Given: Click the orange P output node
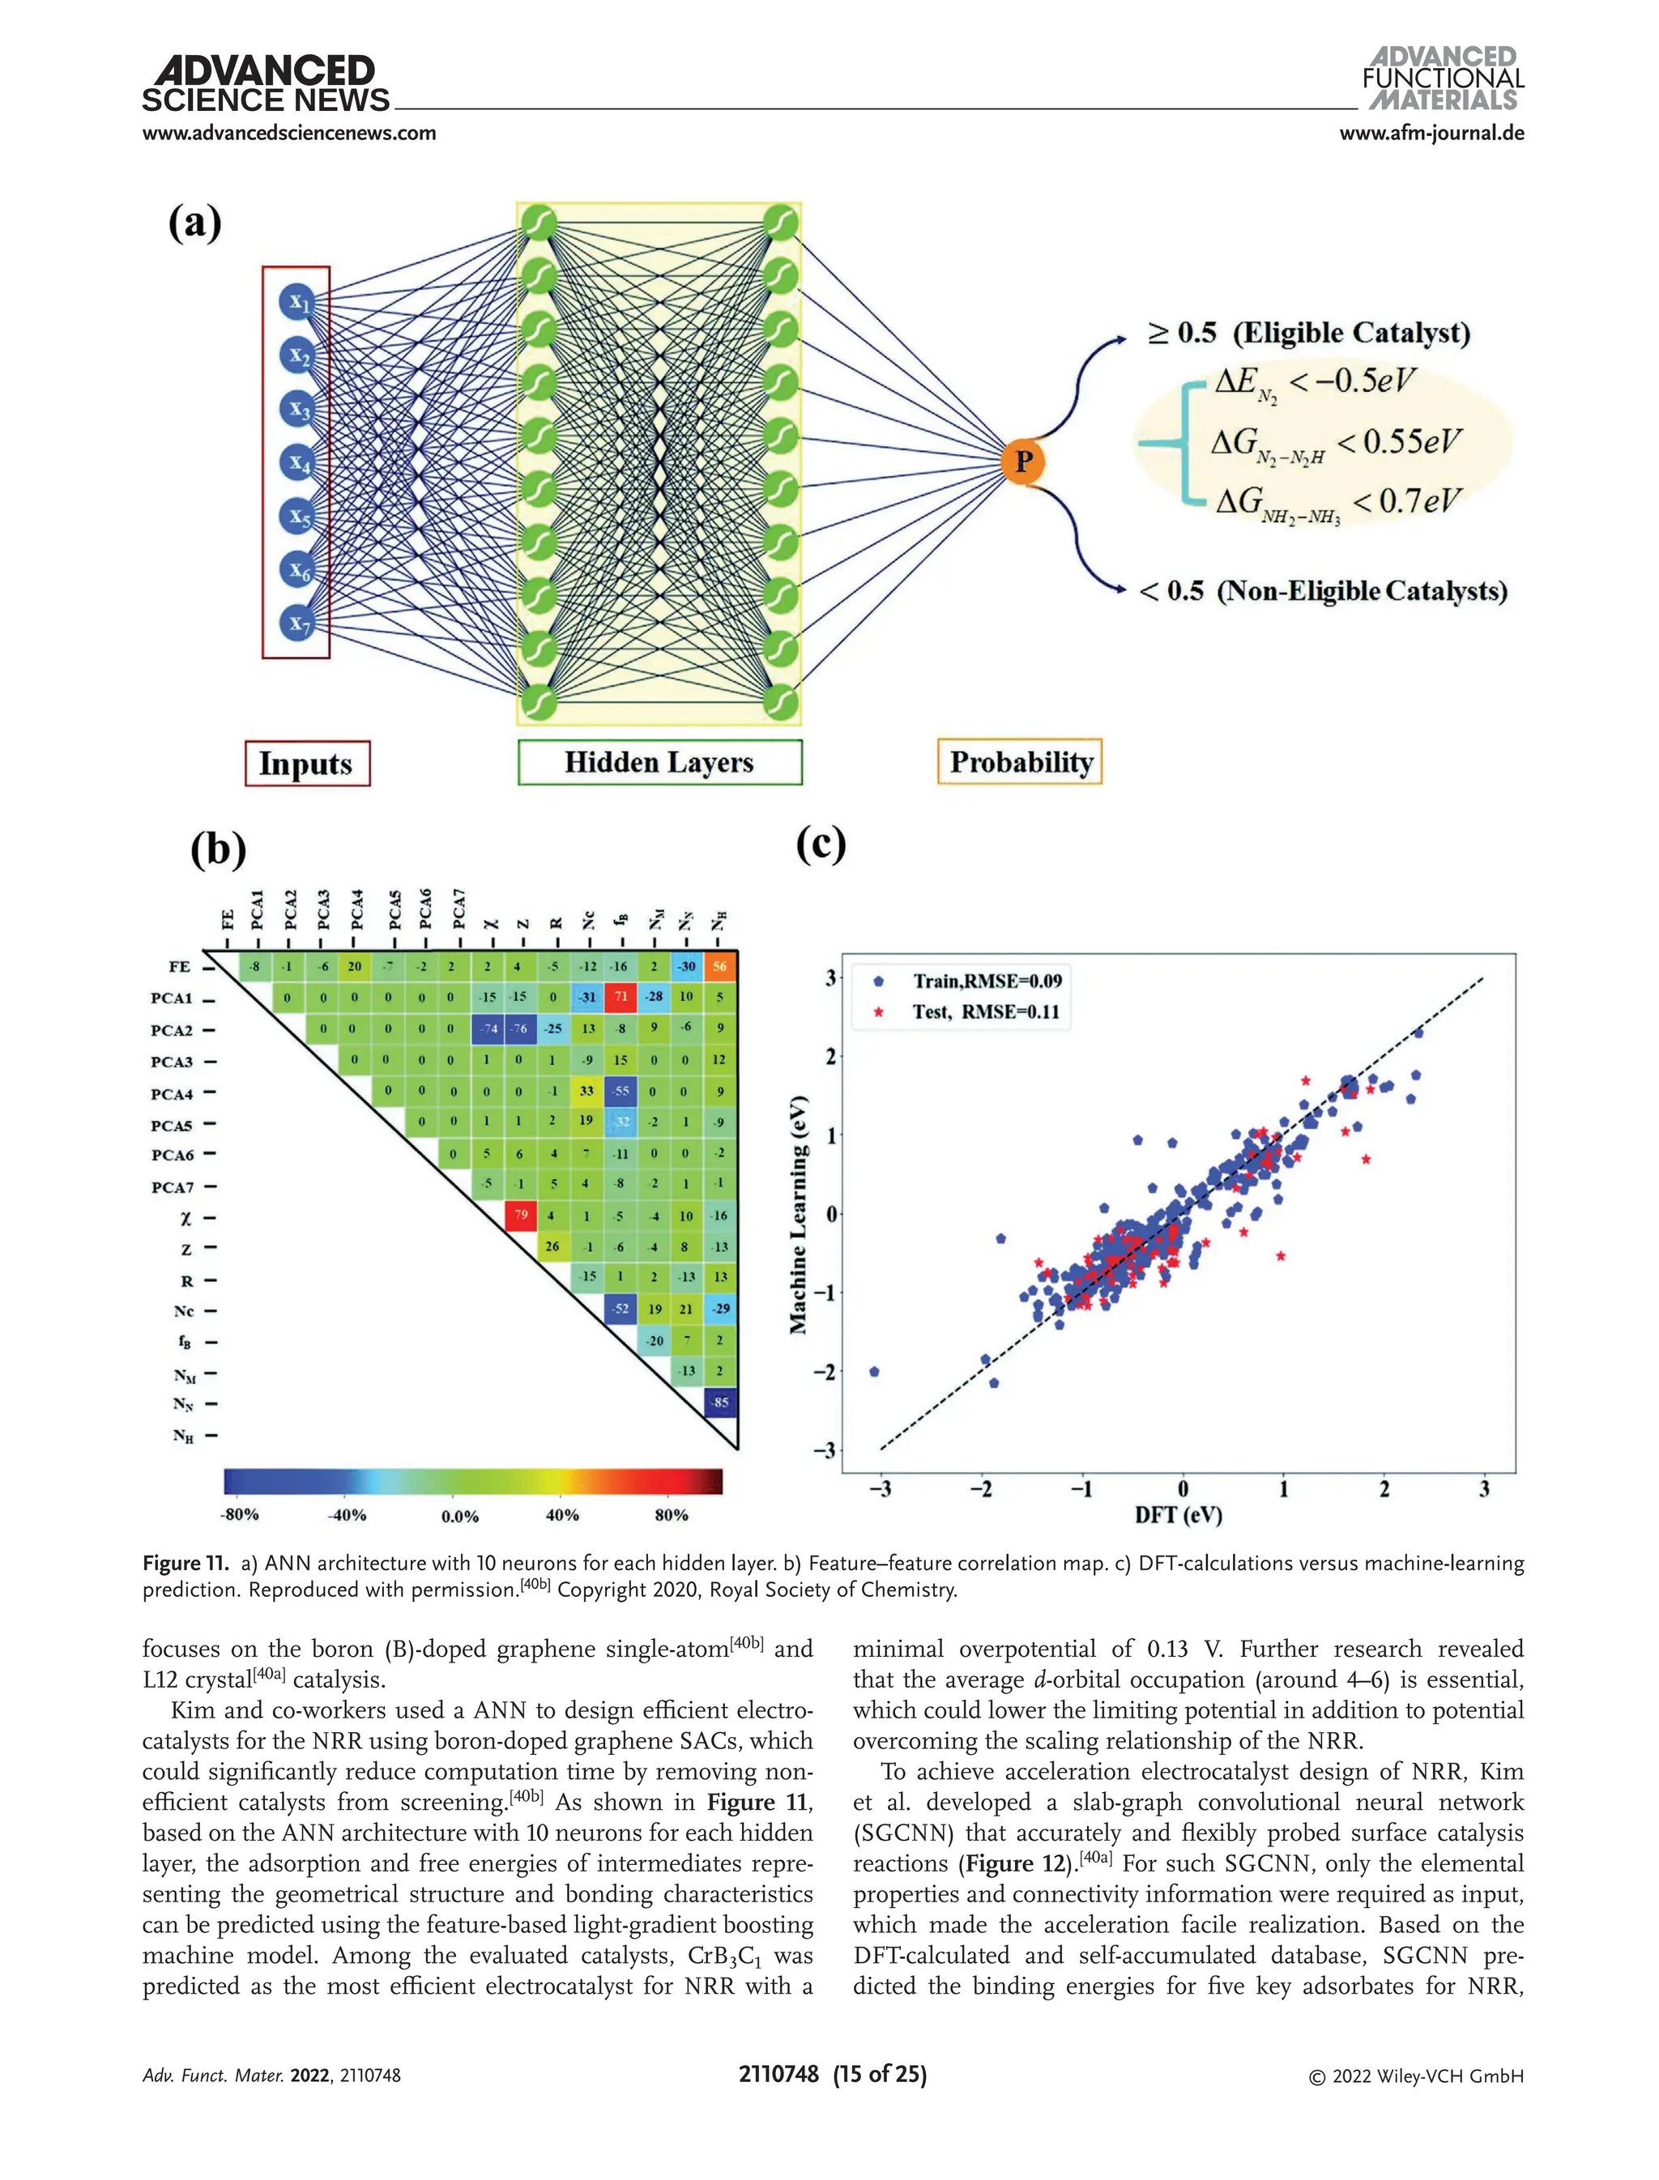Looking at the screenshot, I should tap(1023, 461).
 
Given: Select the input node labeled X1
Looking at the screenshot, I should tap(296, 302).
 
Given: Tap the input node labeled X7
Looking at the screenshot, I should tap(296, 623).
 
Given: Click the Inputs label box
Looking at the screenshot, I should tap(307, 763).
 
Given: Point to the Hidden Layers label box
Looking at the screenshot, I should tap(659, 762).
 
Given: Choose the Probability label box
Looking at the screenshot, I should tap(1019, 762).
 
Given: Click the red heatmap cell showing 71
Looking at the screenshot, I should tap(621, 997).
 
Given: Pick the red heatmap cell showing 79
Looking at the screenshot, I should tap(520, 1216).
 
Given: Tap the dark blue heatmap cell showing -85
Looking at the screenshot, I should tap(721, 1402).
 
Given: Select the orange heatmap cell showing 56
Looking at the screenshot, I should tap(720, 967).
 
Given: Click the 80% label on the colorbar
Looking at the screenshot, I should tap(672, 1514).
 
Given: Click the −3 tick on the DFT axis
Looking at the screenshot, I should tap(880, 1489).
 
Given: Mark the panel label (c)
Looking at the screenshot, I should tap(821, 844).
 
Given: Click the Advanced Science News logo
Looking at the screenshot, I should tap(266, 85).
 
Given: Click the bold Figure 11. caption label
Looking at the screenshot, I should tap(186, 1563).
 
